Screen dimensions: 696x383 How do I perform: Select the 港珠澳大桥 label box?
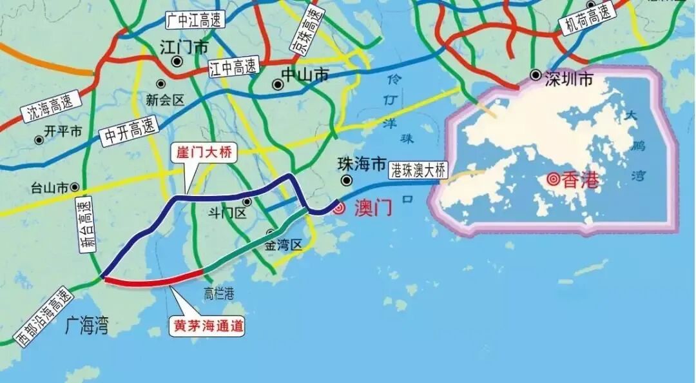pyautogui.click(x=418, y=171)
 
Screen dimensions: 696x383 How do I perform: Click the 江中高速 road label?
pyautogui.click(x=233, y=67)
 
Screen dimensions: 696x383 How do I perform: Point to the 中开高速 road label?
pyautogui.click(x=129, y=130)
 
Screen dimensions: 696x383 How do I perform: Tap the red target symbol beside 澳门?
pyautogui.click(x=339, y=208)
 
